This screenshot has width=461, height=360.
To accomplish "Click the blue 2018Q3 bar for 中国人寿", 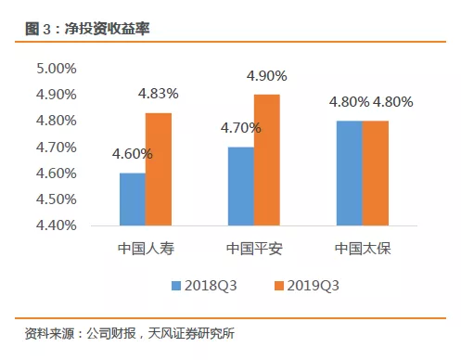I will click(133, 199).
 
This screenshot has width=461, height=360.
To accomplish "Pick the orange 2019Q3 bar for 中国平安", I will click(266, 160).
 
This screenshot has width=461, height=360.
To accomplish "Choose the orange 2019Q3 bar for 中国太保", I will click(374, 173).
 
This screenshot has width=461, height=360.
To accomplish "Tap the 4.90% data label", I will click(265, 75).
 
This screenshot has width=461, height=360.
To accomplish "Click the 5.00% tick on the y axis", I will click(56, 68).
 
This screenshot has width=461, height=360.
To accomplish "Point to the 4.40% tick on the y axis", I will click(56, 225).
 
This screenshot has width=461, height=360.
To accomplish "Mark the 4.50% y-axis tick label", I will click(56, 199).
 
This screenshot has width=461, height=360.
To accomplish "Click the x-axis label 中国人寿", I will click(146, 249).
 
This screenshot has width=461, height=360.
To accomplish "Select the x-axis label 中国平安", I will click(253, 249).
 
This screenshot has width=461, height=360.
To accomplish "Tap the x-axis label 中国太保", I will click(361, 249).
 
